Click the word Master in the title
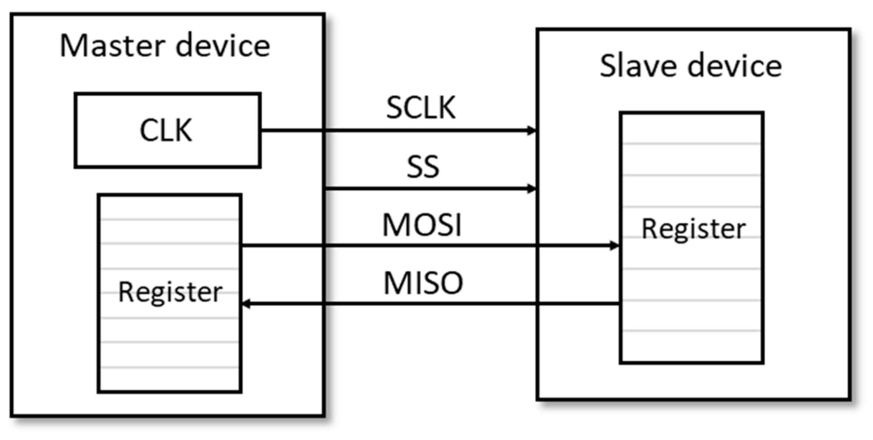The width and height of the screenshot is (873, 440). (x=112, y=46)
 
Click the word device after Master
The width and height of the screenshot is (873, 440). (x=223, y=46)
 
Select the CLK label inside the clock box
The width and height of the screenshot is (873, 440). (x=166, y=130)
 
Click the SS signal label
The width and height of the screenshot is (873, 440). (x=423, y=167)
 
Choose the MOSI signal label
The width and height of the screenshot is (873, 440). (x=422, y=225)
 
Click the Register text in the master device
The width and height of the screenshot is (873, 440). (x=170, y=292)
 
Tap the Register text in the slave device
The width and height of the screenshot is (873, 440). (x=693, y=229)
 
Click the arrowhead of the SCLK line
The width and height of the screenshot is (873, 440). (x=532, y=130)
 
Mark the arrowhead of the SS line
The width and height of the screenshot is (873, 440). (x=532, y=189)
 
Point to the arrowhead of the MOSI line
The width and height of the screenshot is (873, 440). (x=615, y=245)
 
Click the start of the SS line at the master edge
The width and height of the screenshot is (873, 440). (x=326, y=189)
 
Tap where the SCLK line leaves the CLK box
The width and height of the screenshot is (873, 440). (x=262, y=130)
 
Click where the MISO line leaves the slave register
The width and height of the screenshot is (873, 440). (x=619, y=304)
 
